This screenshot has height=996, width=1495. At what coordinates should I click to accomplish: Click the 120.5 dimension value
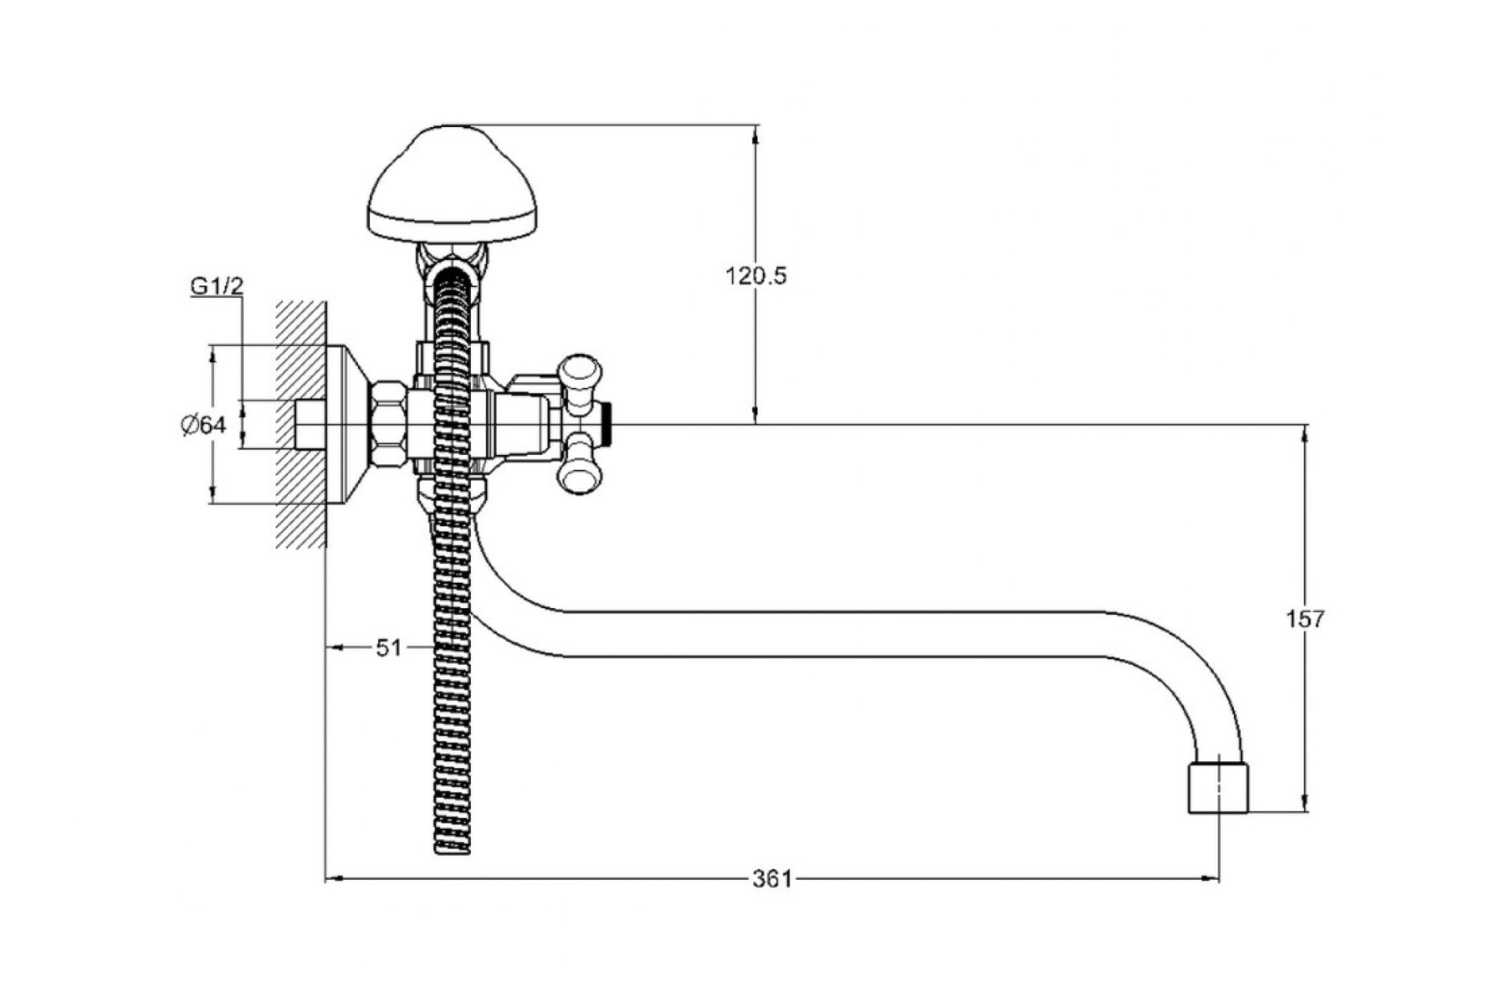(756, 276)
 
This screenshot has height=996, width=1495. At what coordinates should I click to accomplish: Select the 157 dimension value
(1304, 619)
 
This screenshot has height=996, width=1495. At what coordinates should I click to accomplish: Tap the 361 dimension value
(771, 879)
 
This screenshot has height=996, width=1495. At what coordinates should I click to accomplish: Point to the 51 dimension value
(389, 648)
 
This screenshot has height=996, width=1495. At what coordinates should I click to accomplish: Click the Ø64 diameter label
(203, 425)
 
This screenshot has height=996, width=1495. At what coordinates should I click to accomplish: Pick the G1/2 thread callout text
(217, 286)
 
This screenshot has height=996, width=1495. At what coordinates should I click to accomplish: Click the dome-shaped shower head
(452, 187)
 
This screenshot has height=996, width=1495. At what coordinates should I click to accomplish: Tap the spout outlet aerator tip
(1218, 788)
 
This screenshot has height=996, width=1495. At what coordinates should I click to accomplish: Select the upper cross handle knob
(581, 371)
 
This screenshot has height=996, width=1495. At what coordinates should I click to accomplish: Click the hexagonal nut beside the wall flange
(389, 424)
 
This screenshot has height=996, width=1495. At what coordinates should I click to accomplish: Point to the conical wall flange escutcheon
(348, 424)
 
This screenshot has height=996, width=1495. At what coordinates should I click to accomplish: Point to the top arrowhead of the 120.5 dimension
(756, 132)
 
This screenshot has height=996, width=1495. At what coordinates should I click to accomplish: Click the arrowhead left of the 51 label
(334, 648)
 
